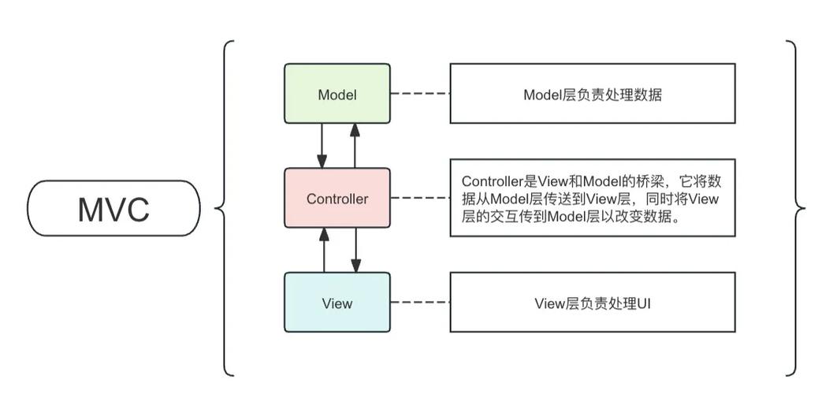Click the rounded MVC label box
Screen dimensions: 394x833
(113, 209)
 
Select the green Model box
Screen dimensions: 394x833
(337, 95)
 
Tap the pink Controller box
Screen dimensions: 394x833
(337, 199)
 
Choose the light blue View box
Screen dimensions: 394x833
(337, 303)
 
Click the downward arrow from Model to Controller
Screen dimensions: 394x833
(322, 145)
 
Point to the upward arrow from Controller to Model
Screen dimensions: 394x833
(355, 145)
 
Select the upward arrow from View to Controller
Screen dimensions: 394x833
(322, 250)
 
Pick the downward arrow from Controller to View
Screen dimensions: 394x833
(355, 250)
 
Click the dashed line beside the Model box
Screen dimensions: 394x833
(420, 95)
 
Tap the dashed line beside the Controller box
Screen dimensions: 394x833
(420, 199)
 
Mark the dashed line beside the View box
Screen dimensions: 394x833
(420, 303)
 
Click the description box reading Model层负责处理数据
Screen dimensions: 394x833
(593, 94)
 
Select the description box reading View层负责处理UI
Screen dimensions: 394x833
(593, 303)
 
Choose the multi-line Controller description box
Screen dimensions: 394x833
(593, 198)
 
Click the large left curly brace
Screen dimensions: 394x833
(224, 209)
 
